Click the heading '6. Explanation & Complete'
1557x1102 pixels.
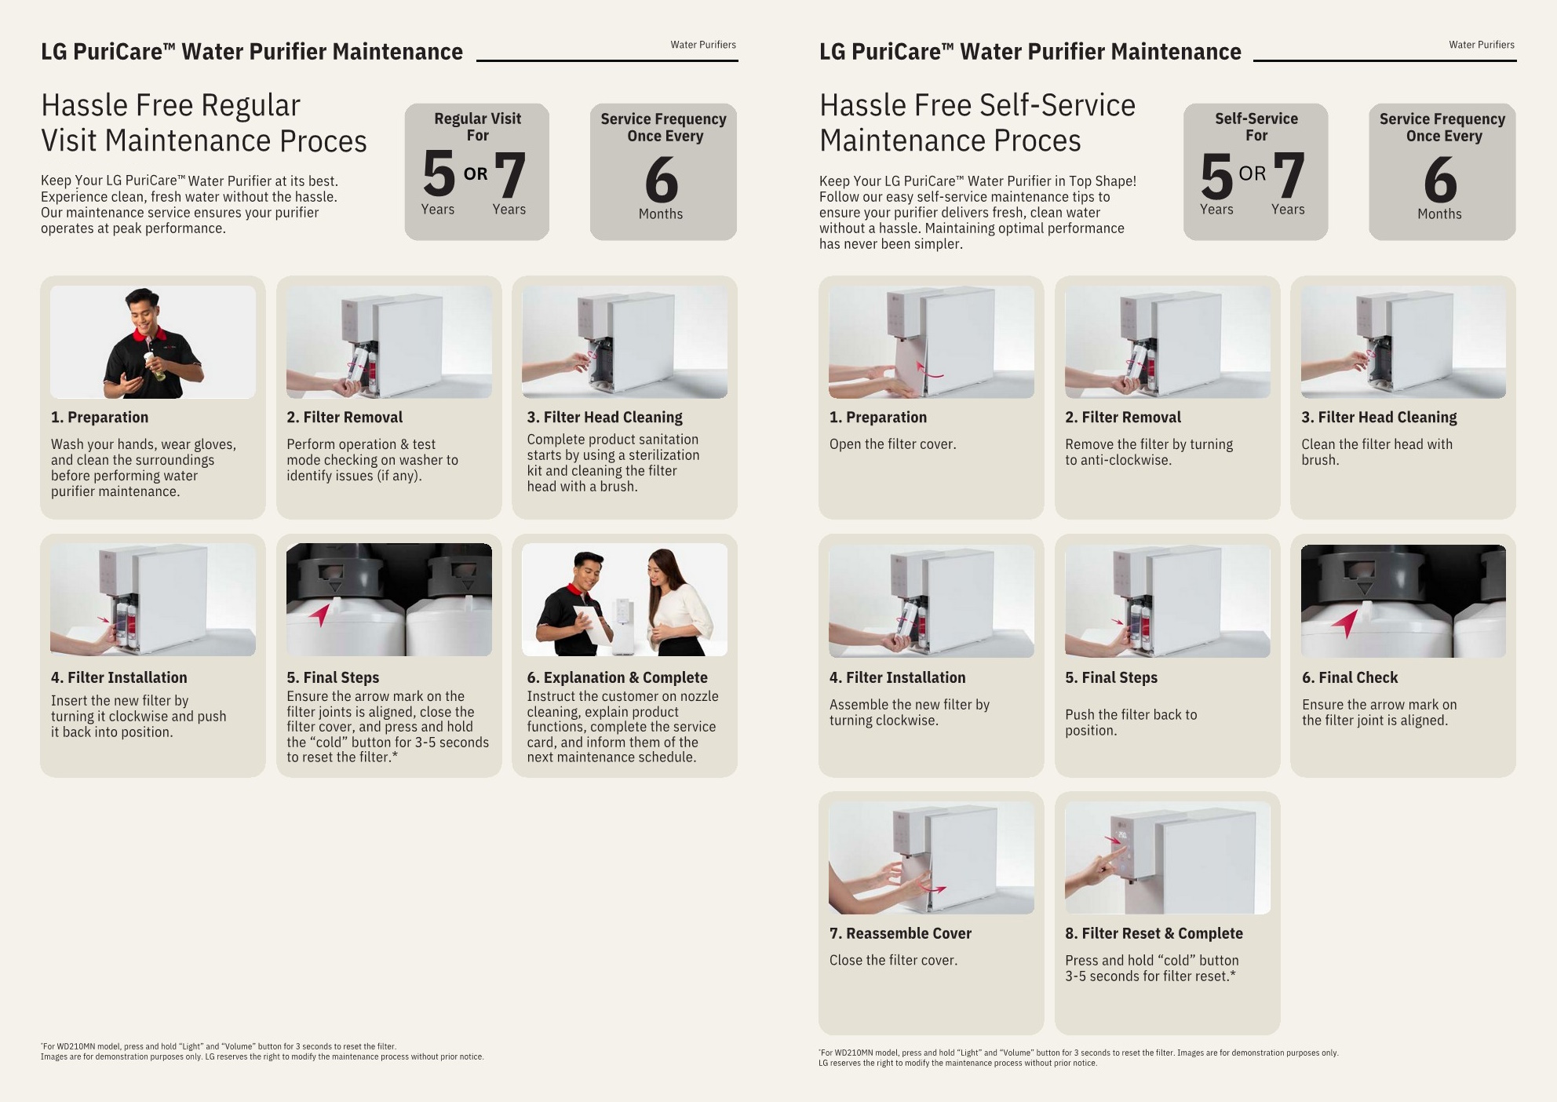pyautogui.click(x=617, y=677)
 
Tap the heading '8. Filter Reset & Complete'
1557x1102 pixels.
pyautogui.click(x=1154, y=933)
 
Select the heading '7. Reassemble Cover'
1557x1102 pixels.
pyautogui.click(x=900, y=933)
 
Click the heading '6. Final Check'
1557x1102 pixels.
pyautogui.click(x=1350, y=677)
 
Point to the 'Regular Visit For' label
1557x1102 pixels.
pyautogui.click(x=478, y=127)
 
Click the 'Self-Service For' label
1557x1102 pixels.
pyautogui.click(x=1256, y=127)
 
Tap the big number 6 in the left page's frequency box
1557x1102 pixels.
pyautogui.click(x=662, y=180)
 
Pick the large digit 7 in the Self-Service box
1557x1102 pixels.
pyautogui.click(x=1289, y=176)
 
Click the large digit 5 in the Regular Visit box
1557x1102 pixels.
pyautogui.click(x=439, y=174)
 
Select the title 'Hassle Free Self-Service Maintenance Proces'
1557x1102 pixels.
pyautogui.click(x=977, y=122)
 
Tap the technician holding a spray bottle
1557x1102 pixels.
pyautogui.click(x=152, y=343)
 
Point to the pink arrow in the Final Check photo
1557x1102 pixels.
pyautogui.click(x=1345, y=623)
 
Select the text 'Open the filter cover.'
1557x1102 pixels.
pyautogui.click(x=892, y=444)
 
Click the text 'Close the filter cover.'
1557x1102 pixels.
pyautogui.click(x=893, y=960)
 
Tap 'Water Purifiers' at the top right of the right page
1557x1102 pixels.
pyautogui.click(x=1482, y=45)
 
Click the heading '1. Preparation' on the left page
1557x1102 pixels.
pyautogui.click(x=100, y=418)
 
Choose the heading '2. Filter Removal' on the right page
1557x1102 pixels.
pyautogui.click(x=1123, y=418)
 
